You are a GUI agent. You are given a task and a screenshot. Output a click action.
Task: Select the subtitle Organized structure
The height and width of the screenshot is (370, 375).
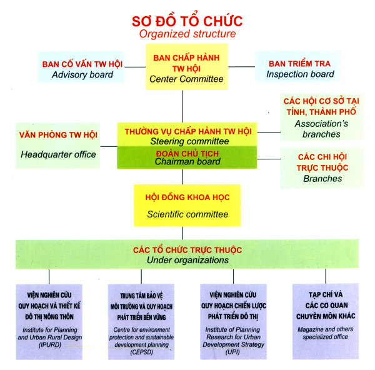click(187, 34)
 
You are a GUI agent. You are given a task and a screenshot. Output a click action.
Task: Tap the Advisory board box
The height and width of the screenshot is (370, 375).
click(81, 67)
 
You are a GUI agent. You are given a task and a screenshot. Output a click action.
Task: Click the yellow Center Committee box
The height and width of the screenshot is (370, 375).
click(187, 67)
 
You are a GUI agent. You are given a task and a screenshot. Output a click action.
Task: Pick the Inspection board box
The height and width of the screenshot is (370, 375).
click(298, 67)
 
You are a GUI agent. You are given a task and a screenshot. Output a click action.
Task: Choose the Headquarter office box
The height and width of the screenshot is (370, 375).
click(58, 146)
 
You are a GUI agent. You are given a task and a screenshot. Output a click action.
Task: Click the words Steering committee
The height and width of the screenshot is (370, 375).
click(189, 141)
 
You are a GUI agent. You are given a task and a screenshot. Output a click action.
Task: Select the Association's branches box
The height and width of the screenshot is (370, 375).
click(322, 117)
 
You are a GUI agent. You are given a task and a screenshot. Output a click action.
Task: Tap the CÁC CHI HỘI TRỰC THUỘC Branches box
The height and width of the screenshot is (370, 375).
click(322, 167)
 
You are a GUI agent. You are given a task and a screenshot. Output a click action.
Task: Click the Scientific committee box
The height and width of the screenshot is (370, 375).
click(187, 206)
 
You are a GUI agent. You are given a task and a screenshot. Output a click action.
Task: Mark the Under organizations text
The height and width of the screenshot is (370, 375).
click(187, 260)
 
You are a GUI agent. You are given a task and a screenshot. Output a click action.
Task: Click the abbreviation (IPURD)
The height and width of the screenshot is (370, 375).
click(50, 344)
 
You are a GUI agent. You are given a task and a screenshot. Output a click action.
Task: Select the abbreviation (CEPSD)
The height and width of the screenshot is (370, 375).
click(142, 352)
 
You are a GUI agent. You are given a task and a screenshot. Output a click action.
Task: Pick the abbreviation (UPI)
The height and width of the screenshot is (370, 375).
click(232, 352)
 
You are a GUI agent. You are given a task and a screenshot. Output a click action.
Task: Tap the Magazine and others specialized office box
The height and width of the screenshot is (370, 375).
click(326, 321)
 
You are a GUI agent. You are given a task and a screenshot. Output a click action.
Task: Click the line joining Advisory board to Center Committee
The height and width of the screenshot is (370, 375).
click(135, 67)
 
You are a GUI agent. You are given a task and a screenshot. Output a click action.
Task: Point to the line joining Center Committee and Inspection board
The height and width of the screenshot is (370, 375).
click(241, 67)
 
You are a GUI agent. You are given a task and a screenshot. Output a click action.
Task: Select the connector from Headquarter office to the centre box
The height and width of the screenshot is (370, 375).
click(109, 146)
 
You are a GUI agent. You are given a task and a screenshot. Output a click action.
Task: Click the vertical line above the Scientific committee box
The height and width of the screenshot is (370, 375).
click(182, 177)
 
